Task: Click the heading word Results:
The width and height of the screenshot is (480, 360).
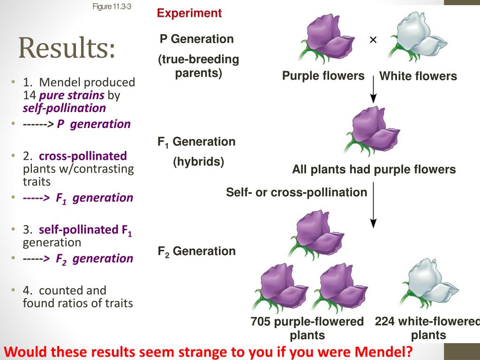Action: pyautogui.click(x=67, y=49)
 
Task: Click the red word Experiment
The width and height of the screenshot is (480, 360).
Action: pyautogui.click(x=189, y=13)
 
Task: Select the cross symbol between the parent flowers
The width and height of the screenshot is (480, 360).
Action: pyautogui.click(x=373, y=40)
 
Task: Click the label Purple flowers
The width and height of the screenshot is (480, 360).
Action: pyautogui.click(x=323, y=76)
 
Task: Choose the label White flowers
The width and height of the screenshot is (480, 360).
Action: pyautogui.click(x=418, y=76)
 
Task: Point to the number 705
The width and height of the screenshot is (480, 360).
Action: pyautogui.click(x=261, y=322)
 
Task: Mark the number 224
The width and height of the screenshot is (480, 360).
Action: pyautogui.click(x=385, y=322)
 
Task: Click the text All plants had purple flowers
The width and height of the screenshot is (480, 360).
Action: pyautogui.click(x=374, y=169)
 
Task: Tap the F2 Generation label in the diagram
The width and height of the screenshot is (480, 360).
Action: pyautogui.click(x=196, y=251)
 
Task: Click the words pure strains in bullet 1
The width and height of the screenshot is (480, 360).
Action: pyautogui.click(x=72, y=96)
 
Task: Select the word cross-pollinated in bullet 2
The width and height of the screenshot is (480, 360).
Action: pyautogui.click(x=83, y=156)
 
